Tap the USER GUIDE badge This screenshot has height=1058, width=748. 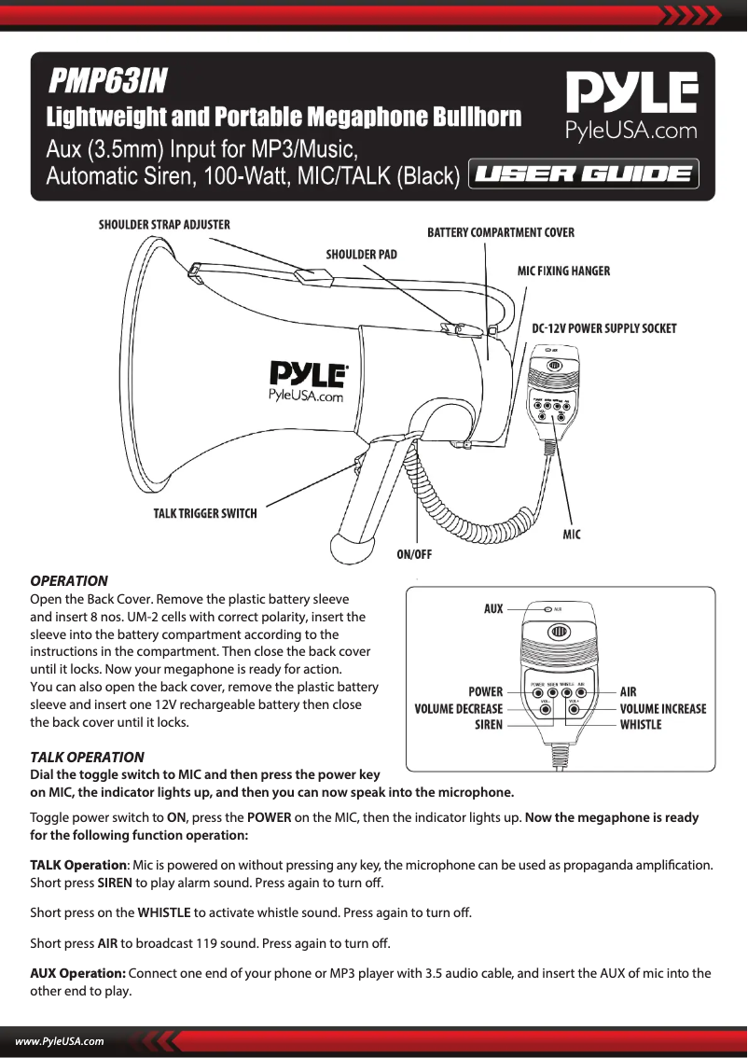click(x=583, y=174)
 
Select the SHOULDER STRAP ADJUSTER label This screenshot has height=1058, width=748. click(x=165, y=225)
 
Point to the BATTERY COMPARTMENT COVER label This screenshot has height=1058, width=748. click(x=501, y=232)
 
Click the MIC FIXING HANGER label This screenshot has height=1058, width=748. click(x=563, y=271)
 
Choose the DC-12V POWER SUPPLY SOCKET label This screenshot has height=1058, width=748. click(x=603, y=328)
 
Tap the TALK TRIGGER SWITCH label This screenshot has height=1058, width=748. click(x=205, y=513)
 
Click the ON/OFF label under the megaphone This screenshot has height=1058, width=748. click(x=414, y=553)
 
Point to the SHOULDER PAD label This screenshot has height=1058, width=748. click(x=361, y=254)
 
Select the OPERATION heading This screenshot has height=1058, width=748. click(x=69, y=581)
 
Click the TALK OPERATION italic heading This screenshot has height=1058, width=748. click(x=88, y=757)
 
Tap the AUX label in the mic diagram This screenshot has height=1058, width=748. click(x=492, y=609)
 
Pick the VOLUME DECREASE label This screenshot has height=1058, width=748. click(x=458, y=708)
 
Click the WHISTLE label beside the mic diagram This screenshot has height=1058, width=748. click(x=641, y=725)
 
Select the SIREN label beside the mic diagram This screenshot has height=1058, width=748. click(x=488, y=725)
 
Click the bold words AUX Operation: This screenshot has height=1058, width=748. click(x=78, y=974)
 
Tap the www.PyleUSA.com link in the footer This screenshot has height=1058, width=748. click(x=58, y=1041)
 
